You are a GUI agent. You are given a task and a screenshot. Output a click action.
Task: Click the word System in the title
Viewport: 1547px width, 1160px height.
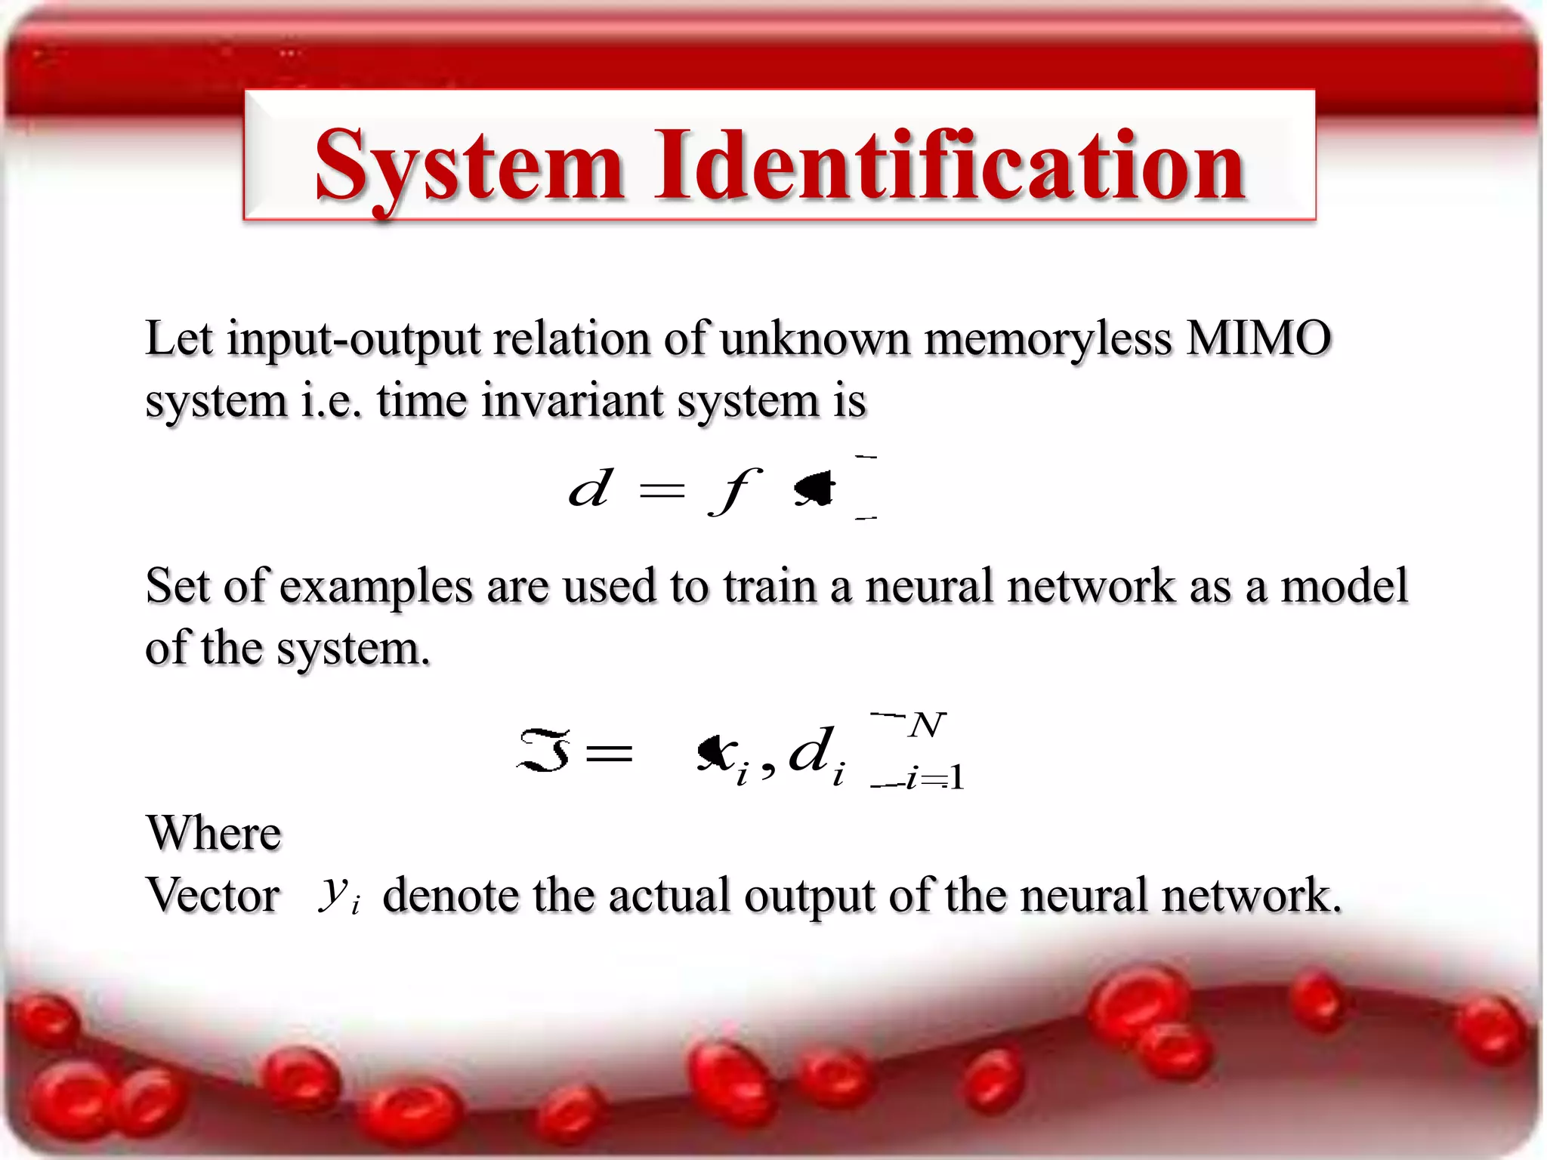point(468,166)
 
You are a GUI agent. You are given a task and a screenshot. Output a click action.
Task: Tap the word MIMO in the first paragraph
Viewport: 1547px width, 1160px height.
point(1258,338)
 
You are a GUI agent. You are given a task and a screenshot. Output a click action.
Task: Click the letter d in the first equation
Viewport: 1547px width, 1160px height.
point(589,489)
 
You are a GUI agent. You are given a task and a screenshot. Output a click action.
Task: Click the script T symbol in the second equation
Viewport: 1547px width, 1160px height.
point(544,751)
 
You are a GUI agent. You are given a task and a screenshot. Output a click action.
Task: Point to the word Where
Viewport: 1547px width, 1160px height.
point(214,834)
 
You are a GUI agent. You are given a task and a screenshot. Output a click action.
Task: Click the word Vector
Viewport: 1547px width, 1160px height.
point(213,896)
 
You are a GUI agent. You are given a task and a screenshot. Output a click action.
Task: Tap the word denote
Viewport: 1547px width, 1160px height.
point(450,896)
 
